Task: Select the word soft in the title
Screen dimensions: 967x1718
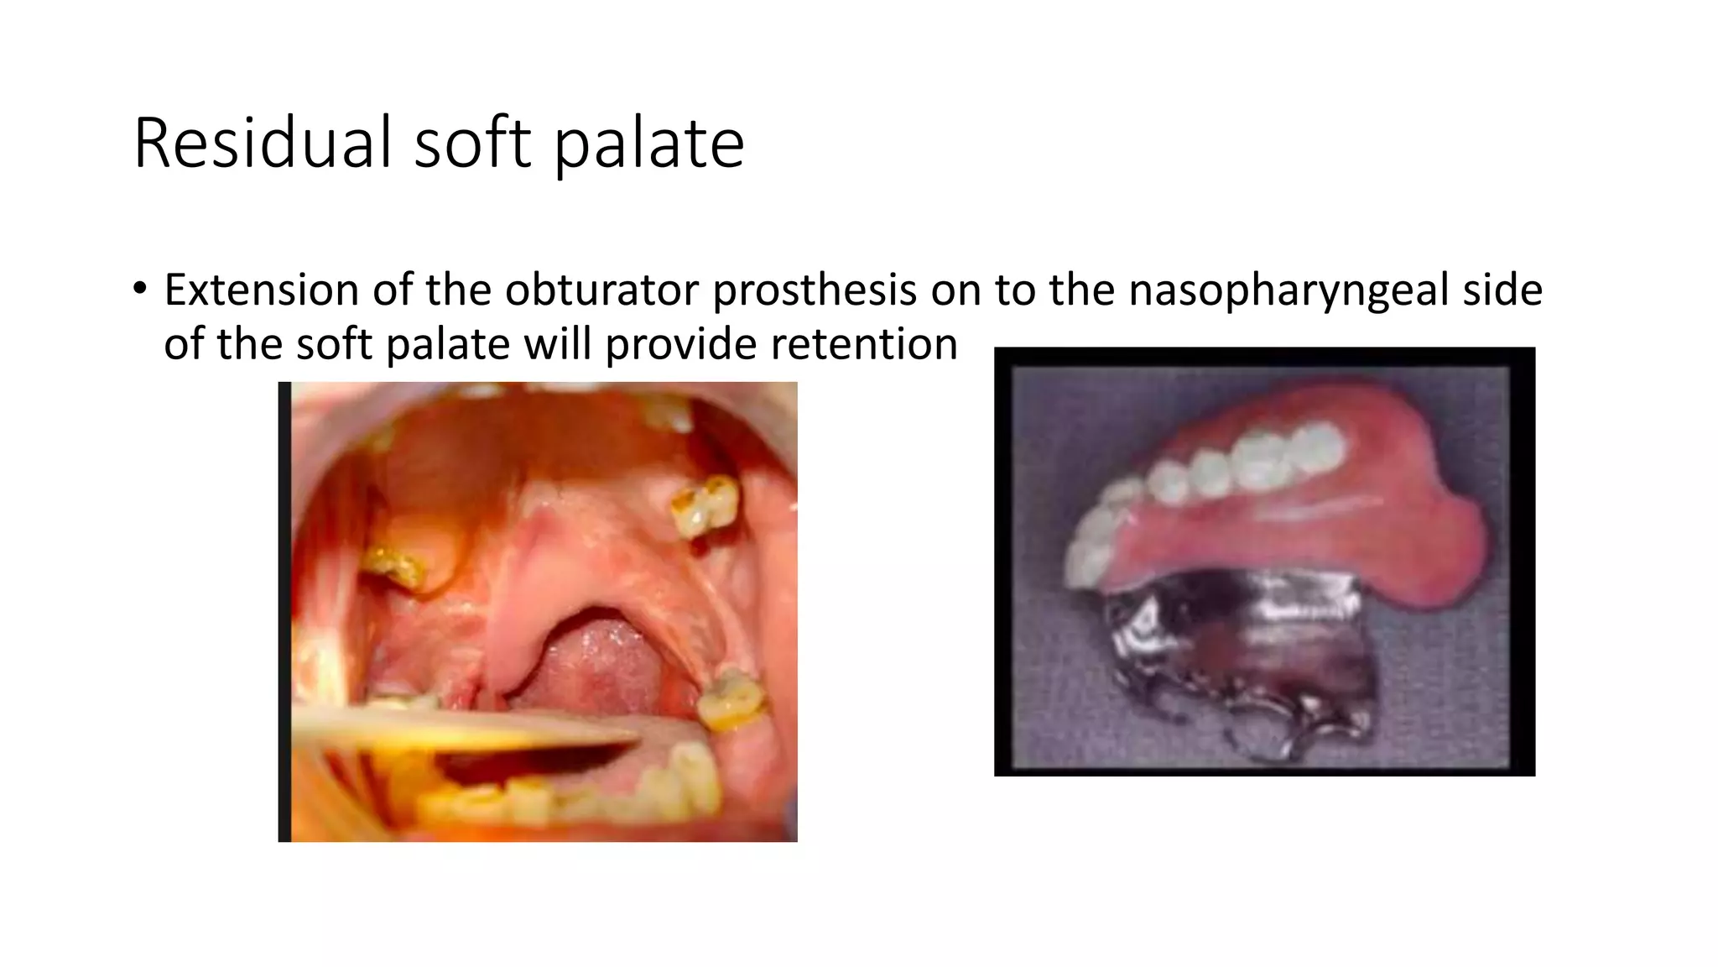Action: coord(473,143)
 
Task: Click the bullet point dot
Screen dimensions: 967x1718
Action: coord(139,289)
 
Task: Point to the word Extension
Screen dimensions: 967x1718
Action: coord(261,290)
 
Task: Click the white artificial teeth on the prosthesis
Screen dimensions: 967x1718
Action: coord(1216,470)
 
